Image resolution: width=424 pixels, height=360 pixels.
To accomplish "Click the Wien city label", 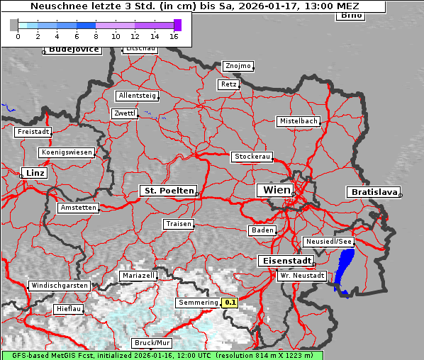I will (277, 190).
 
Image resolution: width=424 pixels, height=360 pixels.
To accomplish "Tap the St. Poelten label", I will (167, 191).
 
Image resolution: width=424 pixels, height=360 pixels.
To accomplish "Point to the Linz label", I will (33, 173).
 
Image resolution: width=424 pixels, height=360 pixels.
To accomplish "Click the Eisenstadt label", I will (284, 261).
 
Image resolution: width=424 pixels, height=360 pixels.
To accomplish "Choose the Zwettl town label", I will (125, 113).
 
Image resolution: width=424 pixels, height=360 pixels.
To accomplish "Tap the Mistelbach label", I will (298, 121).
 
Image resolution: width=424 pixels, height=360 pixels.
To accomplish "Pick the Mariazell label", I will (138, 275).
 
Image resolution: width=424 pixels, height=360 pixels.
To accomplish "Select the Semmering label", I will (199, 303).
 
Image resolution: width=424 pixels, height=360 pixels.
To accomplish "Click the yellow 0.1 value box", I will (230, 303).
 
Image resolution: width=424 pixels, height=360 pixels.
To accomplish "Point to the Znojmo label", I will (238, 66).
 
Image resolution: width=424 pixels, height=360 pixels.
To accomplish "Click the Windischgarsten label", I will (59, 286).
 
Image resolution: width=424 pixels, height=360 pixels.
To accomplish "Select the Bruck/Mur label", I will (151, 343).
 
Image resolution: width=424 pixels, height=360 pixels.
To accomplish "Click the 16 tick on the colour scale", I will (174, 35).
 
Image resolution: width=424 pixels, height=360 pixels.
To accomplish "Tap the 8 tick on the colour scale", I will (96, 35).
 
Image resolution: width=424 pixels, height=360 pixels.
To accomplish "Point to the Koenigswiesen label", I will (67, 152).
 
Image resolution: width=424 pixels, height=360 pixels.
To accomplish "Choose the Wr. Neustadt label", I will (302, 275).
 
